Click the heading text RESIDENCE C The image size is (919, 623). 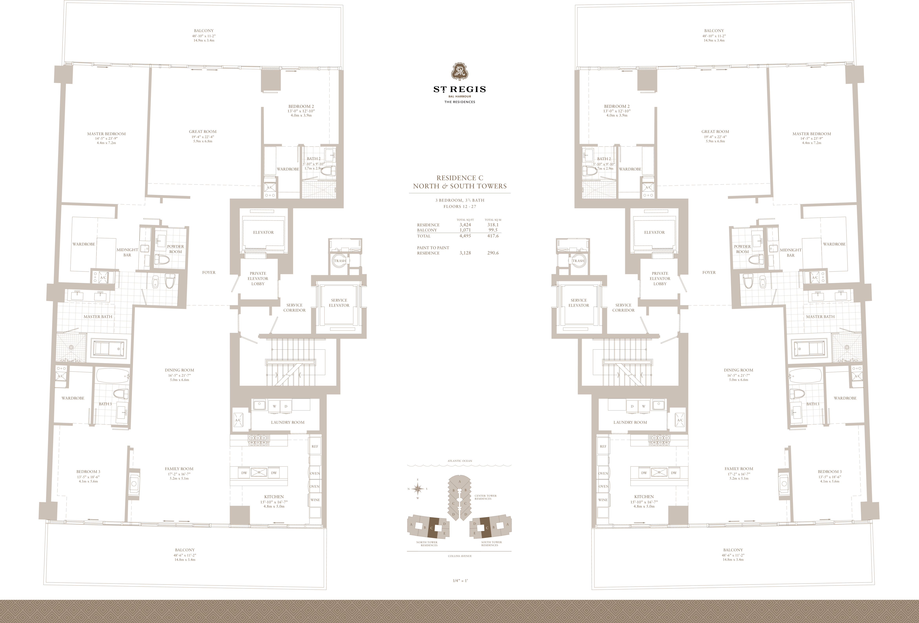pyautogui.click(x=459, y=178)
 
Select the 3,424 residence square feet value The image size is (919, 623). pyautogui.click(x=465, y=225)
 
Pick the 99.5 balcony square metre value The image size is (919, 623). pyautogui.click(x=493, y=230)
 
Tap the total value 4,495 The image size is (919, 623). pyautogui.click(x=465, y=236)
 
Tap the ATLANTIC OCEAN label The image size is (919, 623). pyautogui.click(x=459, y=461)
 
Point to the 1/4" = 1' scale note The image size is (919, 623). pyautogui.click(x=460, y=581)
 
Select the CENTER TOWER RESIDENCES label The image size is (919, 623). pyautogui.click(x=486, y=497)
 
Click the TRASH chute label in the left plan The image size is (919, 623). pyautogui.click(x=340, y=261)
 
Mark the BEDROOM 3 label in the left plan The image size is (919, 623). pyautogui.click(x=88, y=472)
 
